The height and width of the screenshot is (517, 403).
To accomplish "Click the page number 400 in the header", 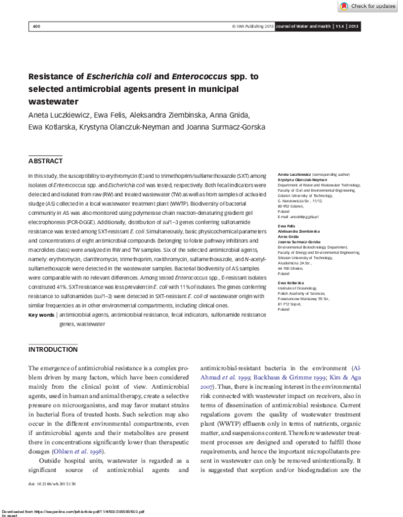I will click(x=36, y=26).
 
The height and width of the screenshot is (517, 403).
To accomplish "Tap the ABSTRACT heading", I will click(x=46, y=161).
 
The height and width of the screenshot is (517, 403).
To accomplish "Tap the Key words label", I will click(x=42, y=314).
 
